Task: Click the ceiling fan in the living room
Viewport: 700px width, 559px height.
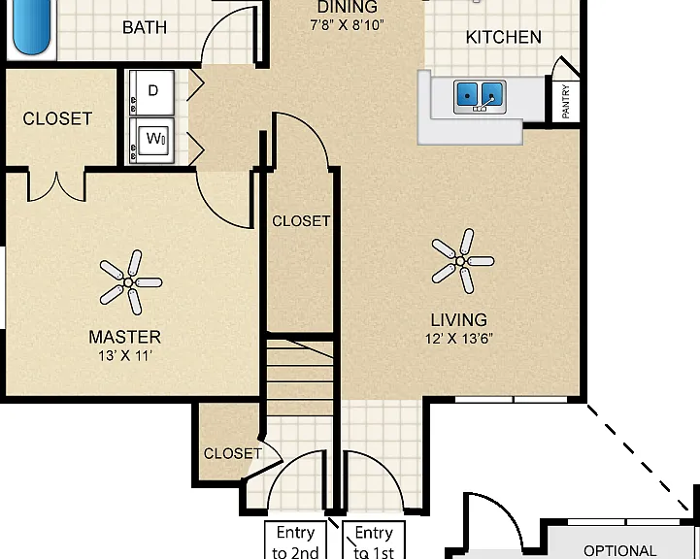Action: [462, 261]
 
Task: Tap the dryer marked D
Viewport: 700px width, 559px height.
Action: [151, 92]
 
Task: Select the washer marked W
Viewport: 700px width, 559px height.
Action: [151, 140]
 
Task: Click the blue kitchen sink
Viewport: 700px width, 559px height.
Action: [480, 96]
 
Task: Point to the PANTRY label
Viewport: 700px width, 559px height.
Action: [566, 102]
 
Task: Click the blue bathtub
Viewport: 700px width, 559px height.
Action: [31, 27]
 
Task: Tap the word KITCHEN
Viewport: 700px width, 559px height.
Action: [503, 37]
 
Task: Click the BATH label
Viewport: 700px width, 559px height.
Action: [145, 28]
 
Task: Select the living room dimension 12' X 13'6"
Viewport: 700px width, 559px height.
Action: [459, 339]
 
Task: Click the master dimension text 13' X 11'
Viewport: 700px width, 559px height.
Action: [125, 355]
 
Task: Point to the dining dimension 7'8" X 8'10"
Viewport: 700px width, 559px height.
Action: [347, 25]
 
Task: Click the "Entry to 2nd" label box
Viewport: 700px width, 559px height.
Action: [295, 540]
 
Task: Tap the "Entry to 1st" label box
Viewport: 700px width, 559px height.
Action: [374, 540]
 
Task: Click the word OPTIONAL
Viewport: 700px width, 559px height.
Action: [619, 551]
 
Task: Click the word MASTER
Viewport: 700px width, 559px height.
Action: [125, 337]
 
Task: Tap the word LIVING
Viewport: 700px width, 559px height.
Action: [459, 320]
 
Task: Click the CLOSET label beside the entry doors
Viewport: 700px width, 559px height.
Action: [233, 454]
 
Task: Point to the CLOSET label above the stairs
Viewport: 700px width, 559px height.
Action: [301, 221]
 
